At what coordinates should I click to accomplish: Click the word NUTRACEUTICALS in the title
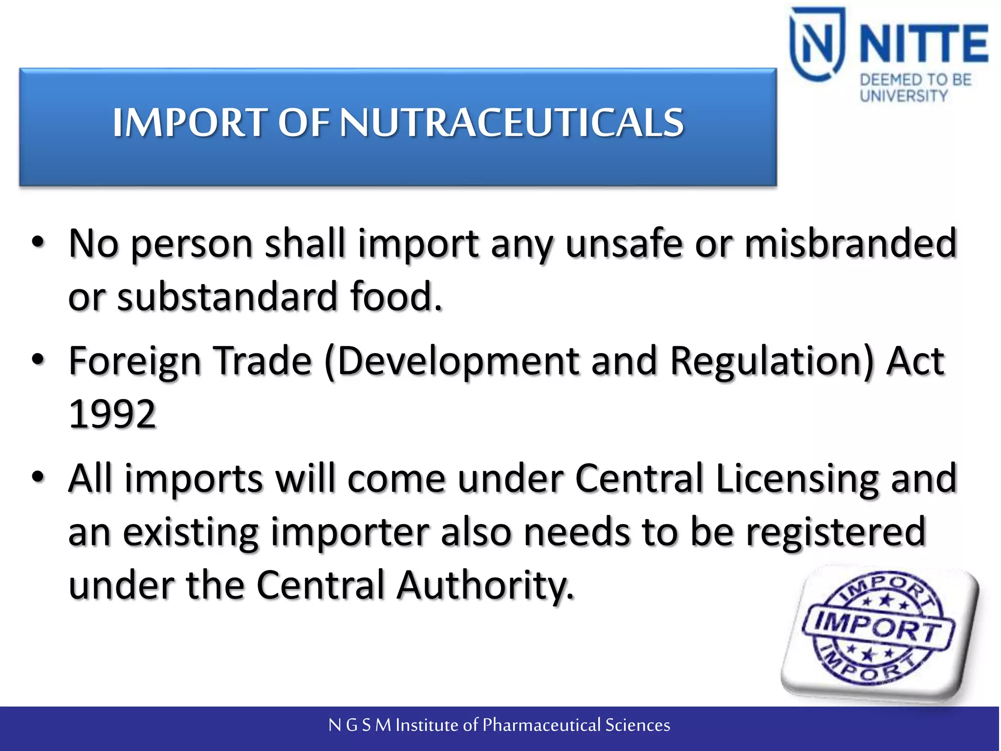coord(511,122)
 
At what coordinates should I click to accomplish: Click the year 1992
coord(112,414)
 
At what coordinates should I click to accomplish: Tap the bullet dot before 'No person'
coord(38,242)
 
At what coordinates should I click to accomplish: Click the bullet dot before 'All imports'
coord(38,477)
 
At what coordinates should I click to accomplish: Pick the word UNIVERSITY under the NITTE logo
coord(904,96)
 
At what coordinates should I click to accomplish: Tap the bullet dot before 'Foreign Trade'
coord(38,359)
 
